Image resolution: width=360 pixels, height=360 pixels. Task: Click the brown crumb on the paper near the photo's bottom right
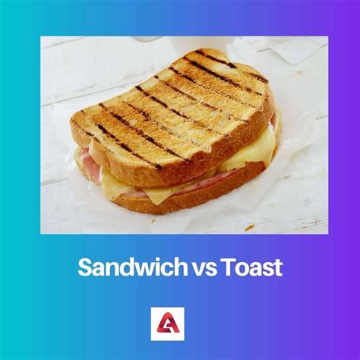(248, 227)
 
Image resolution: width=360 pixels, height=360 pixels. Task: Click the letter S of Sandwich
(84, 267)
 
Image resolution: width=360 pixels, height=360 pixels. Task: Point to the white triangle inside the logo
(179, 323)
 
